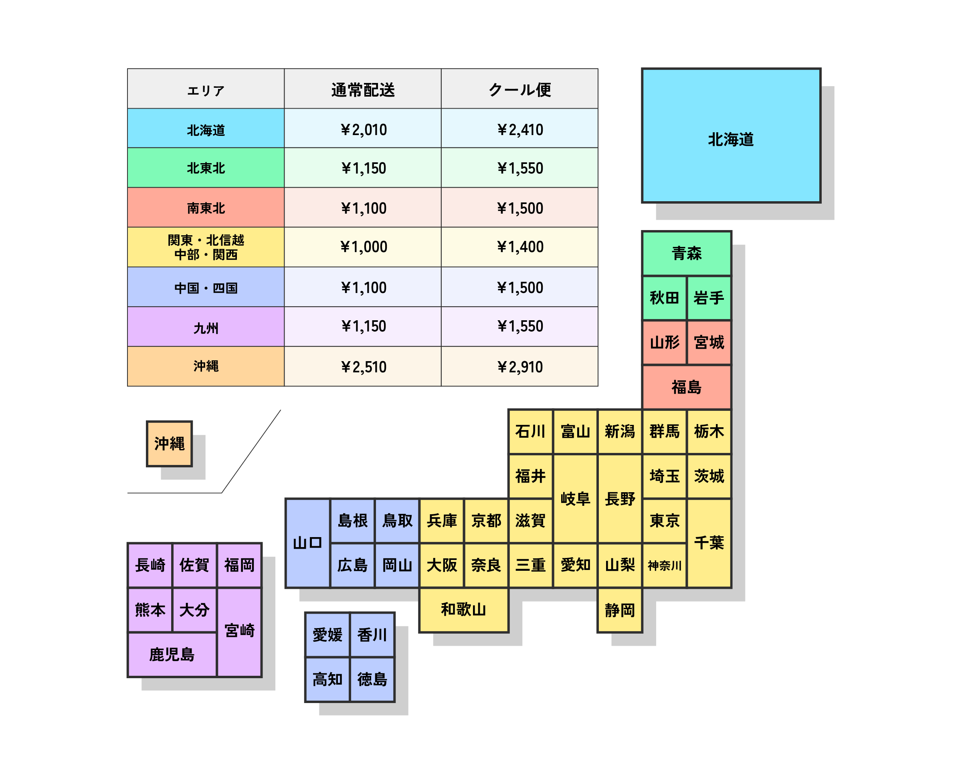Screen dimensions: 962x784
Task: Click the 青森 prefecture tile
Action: (x=686, y=253)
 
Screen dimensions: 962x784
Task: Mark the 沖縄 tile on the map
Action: (x=170, y=443)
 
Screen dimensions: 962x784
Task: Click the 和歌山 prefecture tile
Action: (x=463, y=609)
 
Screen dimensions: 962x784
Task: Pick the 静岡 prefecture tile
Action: (x=619, y=610)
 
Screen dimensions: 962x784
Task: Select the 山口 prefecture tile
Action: (x=307, y=542)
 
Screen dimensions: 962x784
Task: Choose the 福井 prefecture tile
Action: (x=530, y=475)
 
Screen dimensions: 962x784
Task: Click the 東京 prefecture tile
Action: (x=664, y=520)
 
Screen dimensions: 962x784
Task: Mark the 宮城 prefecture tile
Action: (x=709, y=342)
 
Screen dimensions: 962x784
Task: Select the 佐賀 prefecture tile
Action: (x=194, y=564)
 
